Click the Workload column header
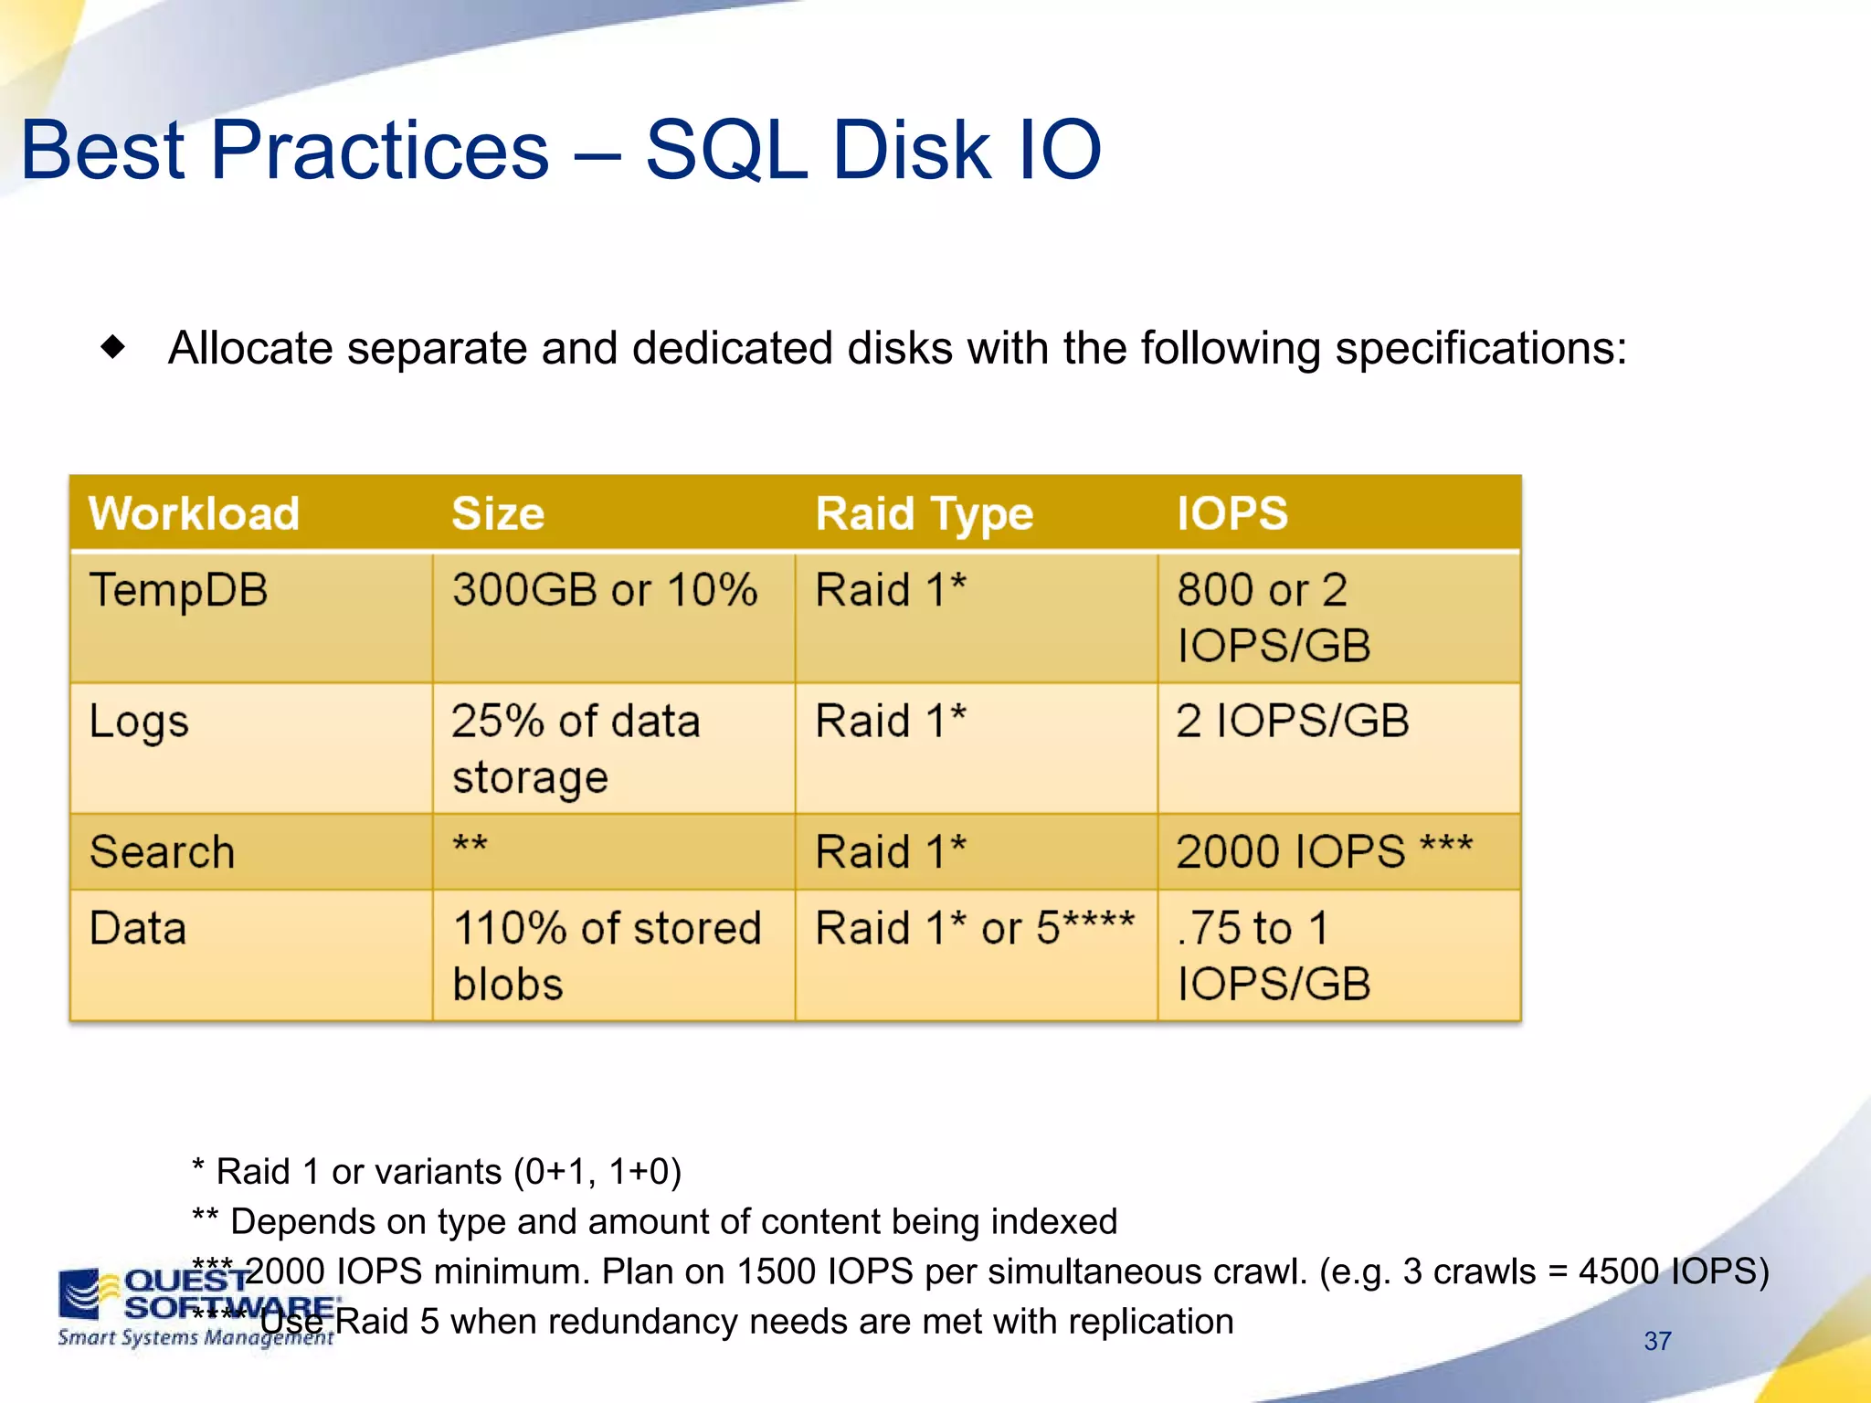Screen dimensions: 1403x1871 pyautogui.click(x=194, y=513)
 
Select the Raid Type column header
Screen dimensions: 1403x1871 pyautogui.click(x=924, y=513)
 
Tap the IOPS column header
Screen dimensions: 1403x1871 pyautogui.click(x=1231, y=513)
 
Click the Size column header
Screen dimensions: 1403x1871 pyautogui.click(x=498, y=513)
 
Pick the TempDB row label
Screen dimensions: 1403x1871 pyautogui.click(x=179, y=590)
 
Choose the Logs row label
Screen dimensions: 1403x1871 pyautogui.click(x=139, y=722)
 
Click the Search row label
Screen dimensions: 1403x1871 pyautogui.click(x=163, y=852)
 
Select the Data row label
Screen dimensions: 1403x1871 pyautogui.click(x=138, y=929)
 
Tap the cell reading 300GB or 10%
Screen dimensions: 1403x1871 pyautogui.click(x=605, y=590)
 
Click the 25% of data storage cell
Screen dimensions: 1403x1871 pyautogui.click(x=576, y=749)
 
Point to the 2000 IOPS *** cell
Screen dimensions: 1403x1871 pyautogui.click(x=1324, y=852)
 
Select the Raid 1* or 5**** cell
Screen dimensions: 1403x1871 pyautogui.click(x=974, y=929)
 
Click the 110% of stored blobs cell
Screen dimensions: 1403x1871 pyautogui.click(x=607, y=955)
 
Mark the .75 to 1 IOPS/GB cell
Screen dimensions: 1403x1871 pyautogui.click(x=1273, y=955)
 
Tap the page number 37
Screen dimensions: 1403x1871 pyautogui.click(x=1657, y=1341)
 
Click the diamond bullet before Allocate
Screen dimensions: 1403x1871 pyautogui.click(x=113, y=347)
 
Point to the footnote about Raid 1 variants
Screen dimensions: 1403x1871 pyautogui.click(x=437, y=1171)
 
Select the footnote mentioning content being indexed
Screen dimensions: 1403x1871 pyautogui.click(x=654, y=1221)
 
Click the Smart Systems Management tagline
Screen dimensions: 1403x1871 pyautogui.click(x=195, y=1338)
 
